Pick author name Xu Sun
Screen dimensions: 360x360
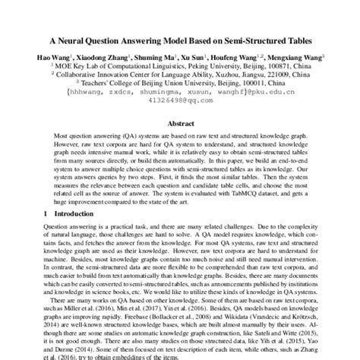pos(205,57)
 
